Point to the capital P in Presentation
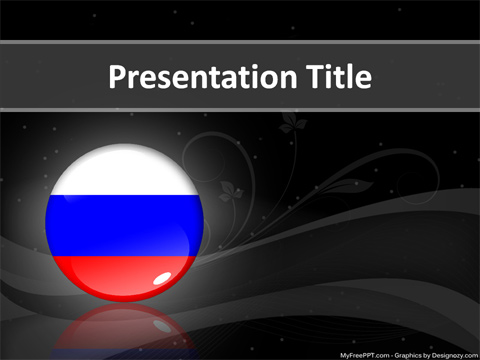click(116, 77)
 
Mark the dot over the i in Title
click(331, 66)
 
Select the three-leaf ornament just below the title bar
click(293, 123)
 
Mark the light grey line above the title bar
click(240, 42)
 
